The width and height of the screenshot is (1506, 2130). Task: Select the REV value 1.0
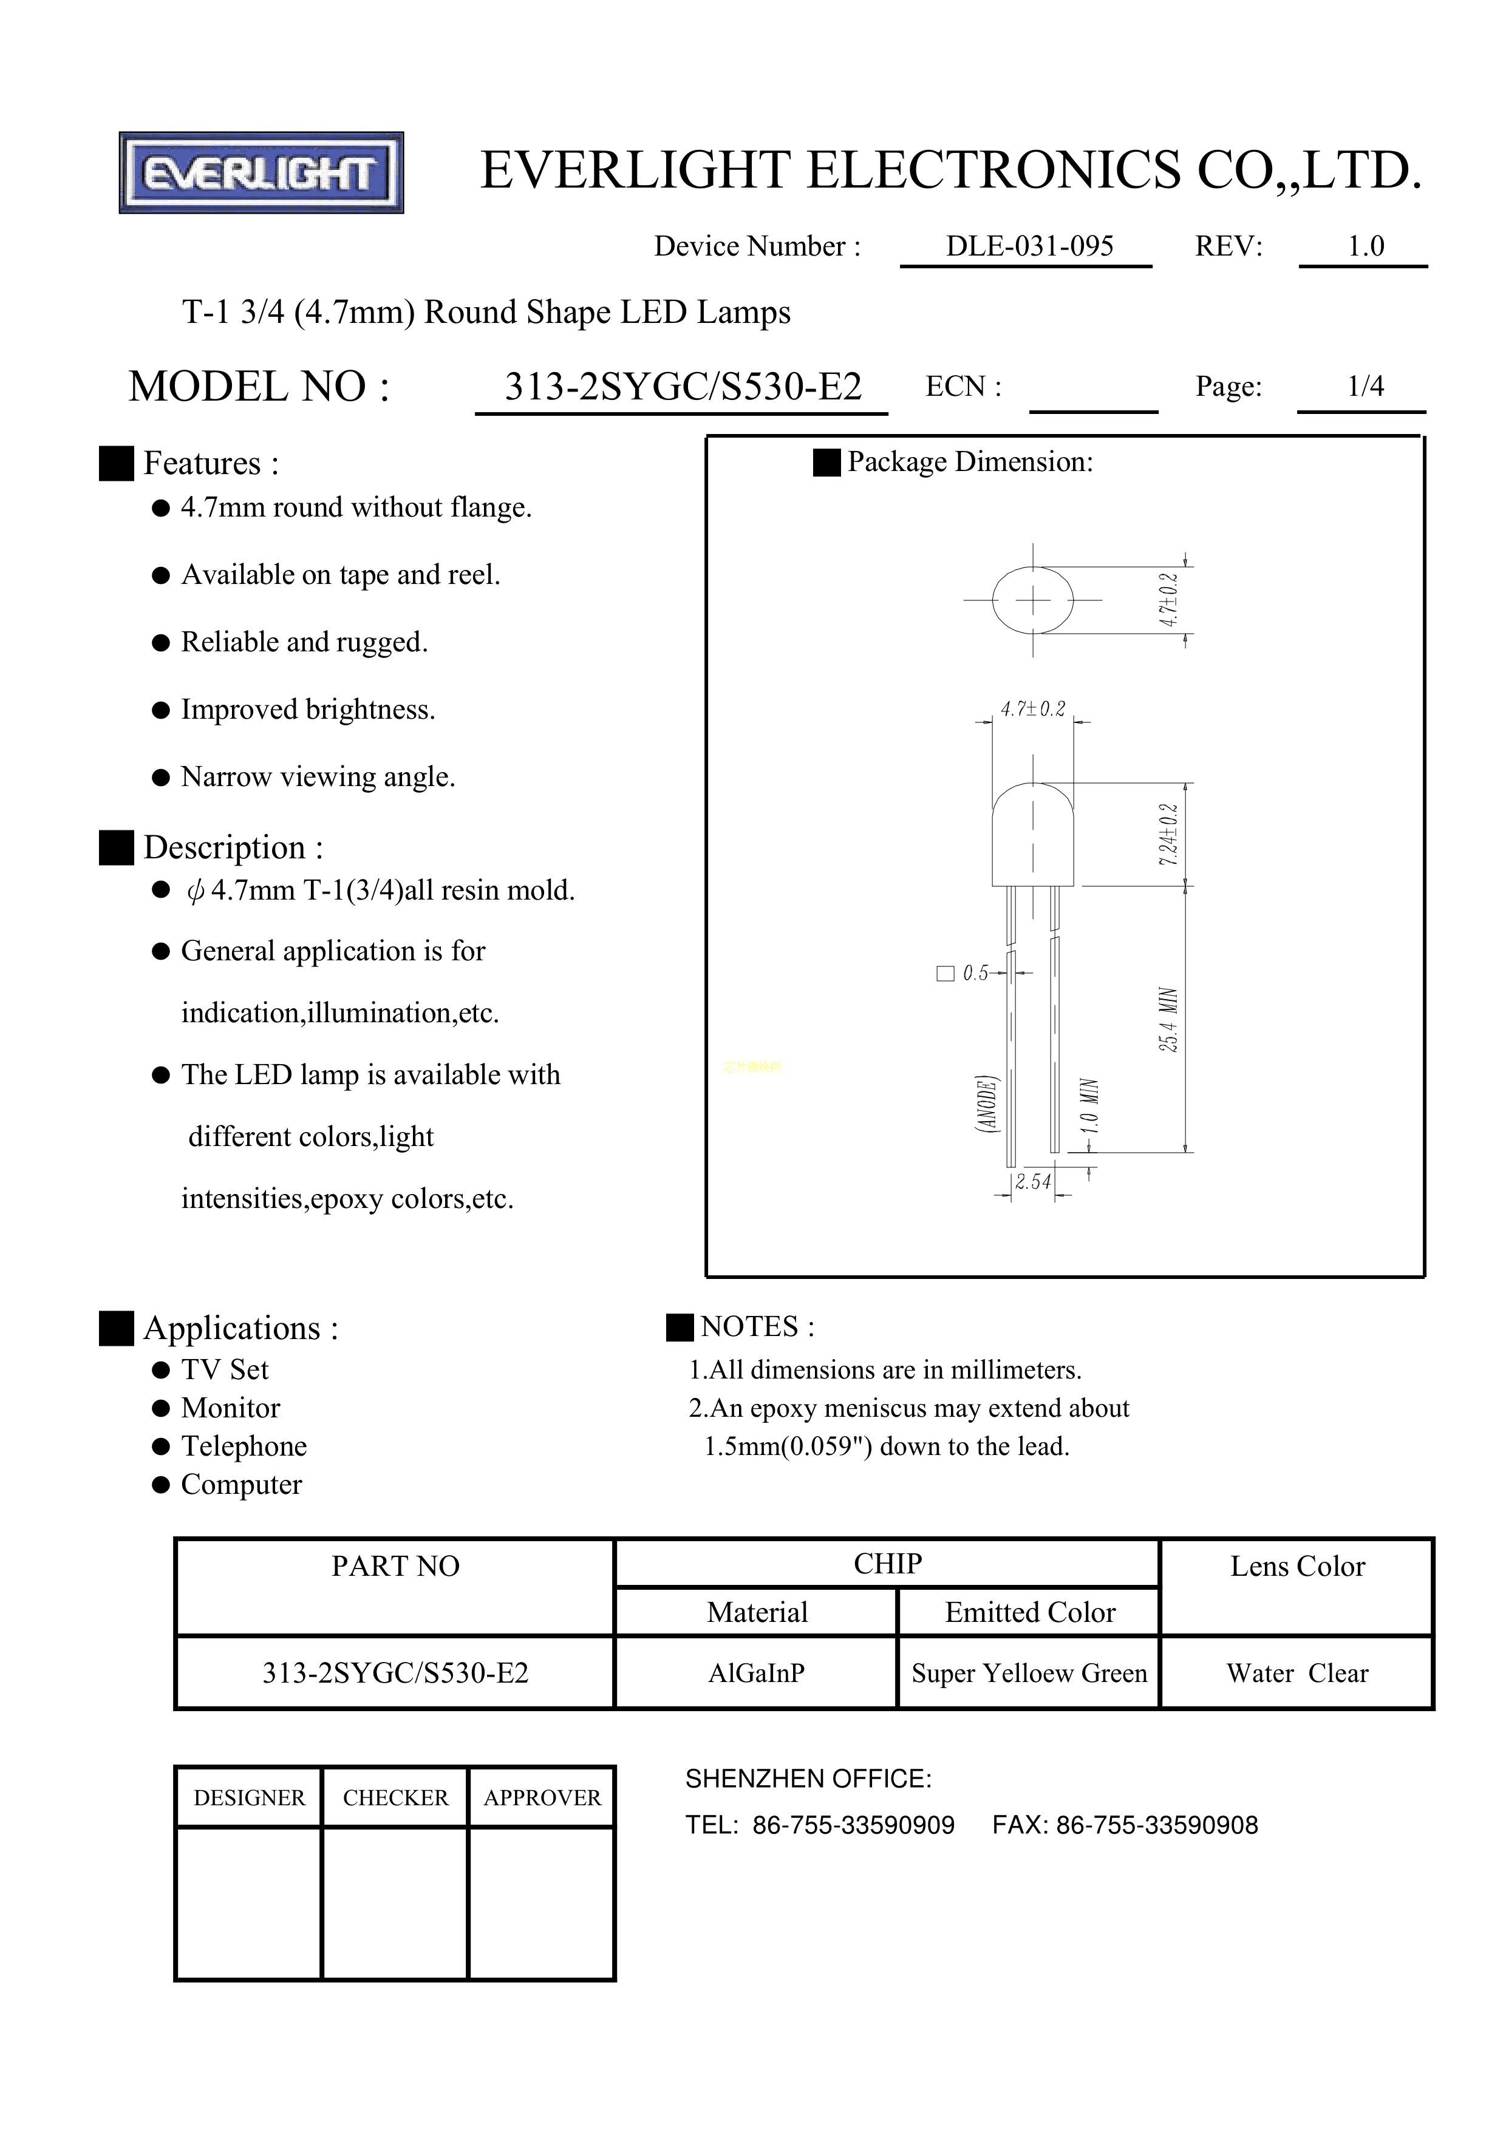pos(1365,246)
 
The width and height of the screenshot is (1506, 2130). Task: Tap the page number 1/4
pos(1365,386)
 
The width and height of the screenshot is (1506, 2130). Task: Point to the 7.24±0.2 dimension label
pos(1168,835)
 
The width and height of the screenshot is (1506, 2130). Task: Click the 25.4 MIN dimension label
pos(1168,1020)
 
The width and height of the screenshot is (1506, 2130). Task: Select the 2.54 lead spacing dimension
pos(1033,1182)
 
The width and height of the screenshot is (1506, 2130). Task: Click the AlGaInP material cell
pos(756,1674)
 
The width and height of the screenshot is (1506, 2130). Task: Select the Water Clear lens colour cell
pos(1296,1674)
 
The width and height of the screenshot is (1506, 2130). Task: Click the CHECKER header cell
pos(395,1798)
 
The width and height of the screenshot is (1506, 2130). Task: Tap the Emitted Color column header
pos(1029,1612)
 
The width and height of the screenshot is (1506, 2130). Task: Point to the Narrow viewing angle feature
pos(318,776)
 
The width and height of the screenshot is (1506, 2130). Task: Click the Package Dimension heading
pos(970,462)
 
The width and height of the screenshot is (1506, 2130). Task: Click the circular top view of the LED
pos(1033,600)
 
